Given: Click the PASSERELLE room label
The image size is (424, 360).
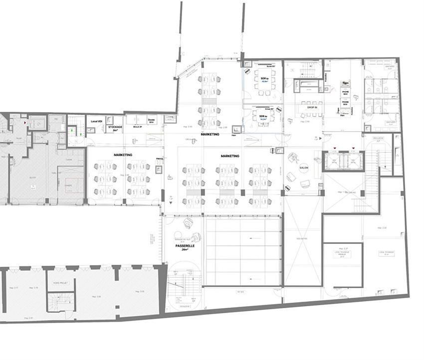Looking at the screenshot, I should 185,246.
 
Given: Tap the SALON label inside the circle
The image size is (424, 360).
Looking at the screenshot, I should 303,169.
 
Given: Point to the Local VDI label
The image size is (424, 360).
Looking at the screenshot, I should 96,121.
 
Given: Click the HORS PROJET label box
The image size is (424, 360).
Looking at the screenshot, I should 60,283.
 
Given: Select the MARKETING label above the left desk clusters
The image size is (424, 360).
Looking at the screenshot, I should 123,155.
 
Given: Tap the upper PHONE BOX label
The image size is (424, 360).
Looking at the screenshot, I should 345,92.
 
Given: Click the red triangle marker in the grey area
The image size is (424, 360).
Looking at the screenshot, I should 24,121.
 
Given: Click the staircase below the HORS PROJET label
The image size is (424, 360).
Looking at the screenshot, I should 59,301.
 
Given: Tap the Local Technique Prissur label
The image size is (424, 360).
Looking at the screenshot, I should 342,254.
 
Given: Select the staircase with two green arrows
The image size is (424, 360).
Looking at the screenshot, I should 74,129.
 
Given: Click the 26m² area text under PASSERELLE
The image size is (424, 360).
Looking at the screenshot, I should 185,251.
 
